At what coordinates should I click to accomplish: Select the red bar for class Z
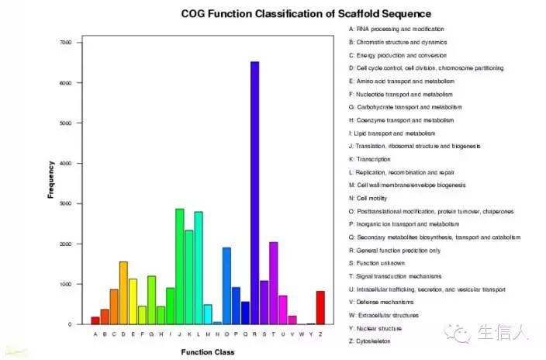click(320, 307)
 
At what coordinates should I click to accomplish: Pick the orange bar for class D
click(123, 292)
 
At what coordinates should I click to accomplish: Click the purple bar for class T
click(273, 283)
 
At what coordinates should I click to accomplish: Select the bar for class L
click(199, 268)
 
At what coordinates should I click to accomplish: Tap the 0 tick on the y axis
click(70, 324)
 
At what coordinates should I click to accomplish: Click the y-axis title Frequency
click(50, 179)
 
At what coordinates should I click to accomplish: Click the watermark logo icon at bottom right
click(463, 332)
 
